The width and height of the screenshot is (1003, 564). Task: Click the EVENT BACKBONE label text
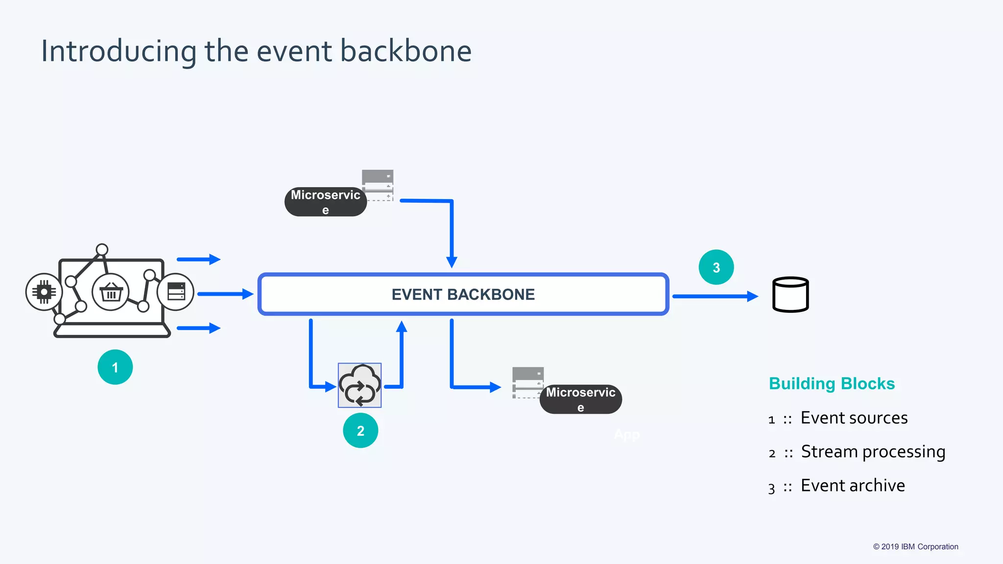coord(463,295)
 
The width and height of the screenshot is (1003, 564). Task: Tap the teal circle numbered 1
coord(115,367)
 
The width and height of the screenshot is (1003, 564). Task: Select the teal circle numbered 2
coord(360,431)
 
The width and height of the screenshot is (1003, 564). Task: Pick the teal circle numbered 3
coord(716,267)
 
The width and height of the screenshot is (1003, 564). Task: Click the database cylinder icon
coord(790,295)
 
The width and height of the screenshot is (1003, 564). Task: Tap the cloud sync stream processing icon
coord(359,385)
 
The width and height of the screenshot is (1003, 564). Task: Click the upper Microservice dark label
coord(325,202)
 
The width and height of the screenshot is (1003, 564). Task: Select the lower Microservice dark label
coord(580,399)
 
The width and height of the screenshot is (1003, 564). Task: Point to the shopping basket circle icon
coord(111,292)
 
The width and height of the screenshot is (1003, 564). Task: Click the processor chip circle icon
coord(44,292)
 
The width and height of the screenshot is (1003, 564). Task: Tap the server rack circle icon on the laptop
coord(175,292)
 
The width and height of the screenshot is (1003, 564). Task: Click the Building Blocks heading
coord(832,383)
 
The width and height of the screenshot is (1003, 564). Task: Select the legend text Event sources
coord(854,418)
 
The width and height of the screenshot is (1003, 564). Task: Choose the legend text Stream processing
coord(873,452)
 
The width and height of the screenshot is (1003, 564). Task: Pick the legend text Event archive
coord(852,486)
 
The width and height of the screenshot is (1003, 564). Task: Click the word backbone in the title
coord(406,51)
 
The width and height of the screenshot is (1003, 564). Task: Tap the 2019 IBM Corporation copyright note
coord(915,547)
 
